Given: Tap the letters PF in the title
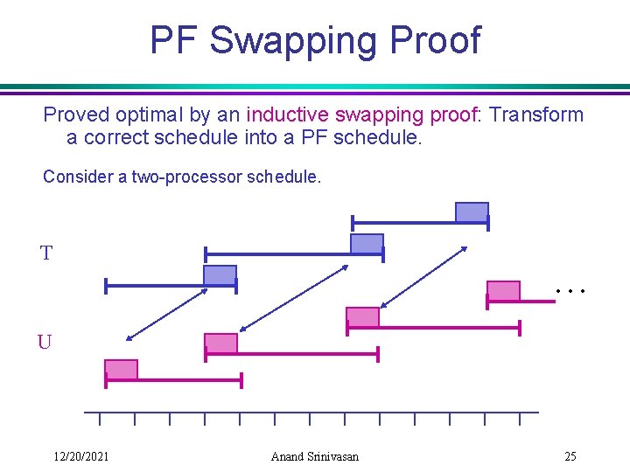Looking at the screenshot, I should point(175,40).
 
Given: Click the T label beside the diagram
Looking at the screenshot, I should point(46,253).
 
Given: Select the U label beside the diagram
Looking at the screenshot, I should point(44,342).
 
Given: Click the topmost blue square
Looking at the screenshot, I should point(472,212).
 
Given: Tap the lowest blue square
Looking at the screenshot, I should point(220,275).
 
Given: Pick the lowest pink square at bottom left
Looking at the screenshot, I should point(121,370).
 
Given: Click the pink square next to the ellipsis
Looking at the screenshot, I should point(503,291).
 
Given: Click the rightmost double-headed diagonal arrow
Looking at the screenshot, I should point(424,277).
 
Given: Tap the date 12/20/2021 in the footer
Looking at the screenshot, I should point(80,456).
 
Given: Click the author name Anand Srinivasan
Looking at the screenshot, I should point(315,456).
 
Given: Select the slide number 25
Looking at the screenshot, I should point(570,456).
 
